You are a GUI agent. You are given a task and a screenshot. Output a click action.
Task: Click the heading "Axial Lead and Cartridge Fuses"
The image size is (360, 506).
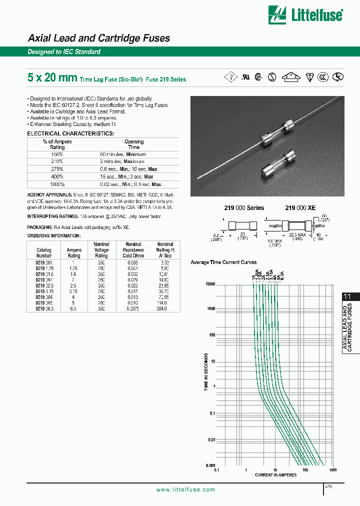pyautogui.click(x=98, y=38)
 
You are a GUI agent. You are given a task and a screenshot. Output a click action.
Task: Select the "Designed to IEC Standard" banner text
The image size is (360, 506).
pyautogui.click(x=64, y=52)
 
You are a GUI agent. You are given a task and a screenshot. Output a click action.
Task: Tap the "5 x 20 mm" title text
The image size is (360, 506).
pyautogui.click(x=52, y=77)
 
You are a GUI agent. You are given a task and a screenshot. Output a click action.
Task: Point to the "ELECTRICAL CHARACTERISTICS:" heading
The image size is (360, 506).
pyautogui.click(x=70, y=133)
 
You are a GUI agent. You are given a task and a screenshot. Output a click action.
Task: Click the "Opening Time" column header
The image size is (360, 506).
pyautogui.click(x=134, y=144)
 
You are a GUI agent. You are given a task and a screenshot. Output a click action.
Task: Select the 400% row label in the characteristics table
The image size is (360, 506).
pyautogui.click(x=57, y=176)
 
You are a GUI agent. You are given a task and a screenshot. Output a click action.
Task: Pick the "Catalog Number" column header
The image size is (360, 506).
pyautogui.click(x=44, y=252)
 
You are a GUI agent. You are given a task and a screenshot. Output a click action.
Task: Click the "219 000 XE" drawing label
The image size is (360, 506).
pyautogui.click(x=300, y=207)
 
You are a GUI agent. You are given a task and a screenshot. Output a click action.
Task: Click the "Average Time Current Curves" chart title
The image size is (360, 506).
pyautogui.click(x=223, y=262)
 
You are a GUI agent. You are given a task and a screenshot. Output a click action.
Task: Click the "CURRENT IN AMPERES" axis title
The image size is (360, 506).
pyautogui.click(x=275, y=475)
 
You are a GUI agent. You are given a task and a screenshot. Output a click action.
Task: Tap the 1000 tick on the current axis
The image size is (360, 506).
pyautogui.click(x=332, y=470)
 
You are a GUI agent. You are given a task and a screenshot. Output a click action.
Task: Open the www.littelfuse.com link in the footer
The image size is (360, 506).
pyautogui.click(x=185, y=489)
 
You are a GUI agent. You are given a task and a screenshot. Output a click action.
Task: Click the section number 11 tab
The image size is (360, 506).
pyautogui.click(x=347, y=296)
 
